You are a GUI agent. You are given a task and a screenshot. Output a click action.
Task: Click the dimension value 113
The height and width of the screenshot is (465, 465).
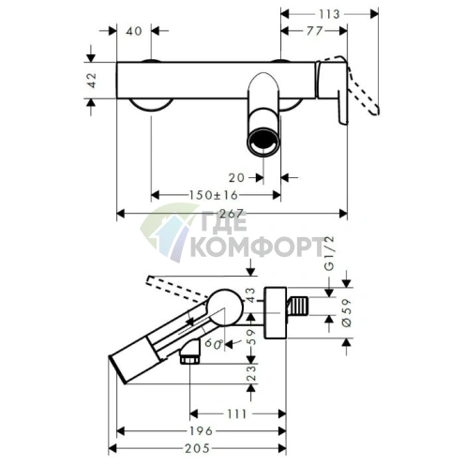[329, 14]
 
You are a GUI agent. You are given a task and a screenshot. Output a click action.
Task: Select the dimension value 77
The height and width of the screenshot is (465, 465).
[314, 31]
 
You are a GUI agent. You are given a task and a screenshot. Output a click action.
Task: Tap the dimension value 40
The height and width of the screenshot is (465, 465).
[134, 31]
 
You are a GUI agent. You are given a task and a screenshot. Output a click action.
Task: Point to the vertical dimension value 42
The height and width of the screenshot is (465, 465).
[92, 81]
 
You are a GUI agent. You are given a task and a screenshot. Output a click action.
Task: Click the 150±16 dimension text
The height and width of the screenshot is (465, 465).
[214, 195]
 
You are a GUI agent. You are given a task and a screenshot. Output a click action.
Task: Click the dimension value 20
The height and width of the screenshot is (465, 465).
[236, 178]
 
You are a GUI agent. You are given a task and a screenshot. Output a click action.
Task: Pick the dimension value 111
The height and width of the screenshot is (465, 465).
[237, 414]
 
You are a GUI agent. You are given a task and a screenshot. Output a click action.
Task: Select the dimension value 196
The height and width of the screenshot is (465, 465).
[202, 431]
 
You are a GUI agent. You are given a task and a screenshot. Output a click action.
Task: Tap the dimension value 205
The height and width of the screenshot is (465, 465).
[197, 449]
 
